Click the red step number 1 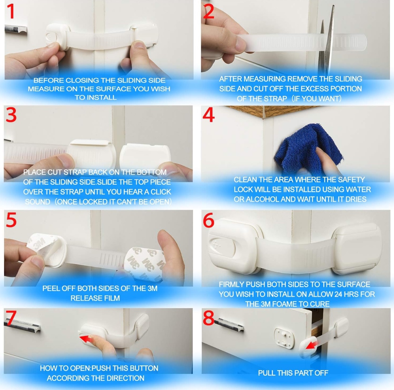(10, 12)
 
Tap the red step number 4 (208, 115)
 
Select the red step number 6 (208, 220)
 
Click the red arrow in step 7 (87, 339)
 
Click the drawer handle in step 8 (231, 324)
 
